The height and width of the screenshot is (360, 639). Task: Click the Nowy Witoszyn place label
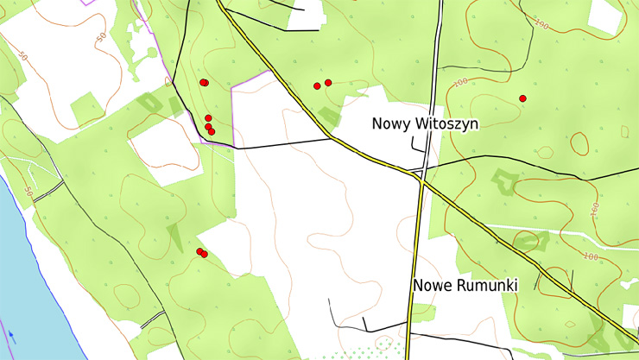point(425,123)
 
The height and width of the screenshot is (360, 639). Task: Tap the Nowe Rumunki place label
point(465,285)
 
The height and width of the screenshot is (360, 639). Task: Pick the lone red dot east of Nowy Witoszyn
point(522,98)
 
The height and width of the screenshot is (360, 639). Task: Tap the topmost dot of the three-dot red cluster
point(208,117)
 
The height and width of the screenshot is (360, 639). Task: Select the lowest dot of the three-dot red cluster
point(212,131)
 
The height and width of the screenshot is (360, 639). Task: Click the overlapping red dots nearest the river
point(201,252)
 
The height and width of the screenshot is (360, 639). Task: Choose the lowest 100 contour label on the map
point(591,256)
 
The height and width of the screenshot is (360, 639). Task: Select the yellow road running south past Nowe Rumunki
point(413,259)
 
